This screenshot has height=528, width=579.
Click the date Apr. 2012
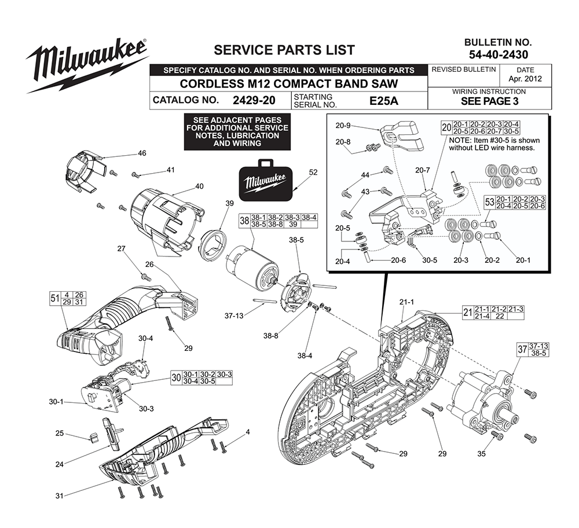click(x=525, y=79)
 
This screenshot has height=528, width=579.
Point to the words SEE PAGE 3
click(x=489, y=101)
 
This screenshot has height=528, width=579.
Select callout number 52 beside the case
click(x=313, y=172)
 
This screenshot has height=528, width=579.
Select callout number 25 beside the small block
click(x=75, y=433)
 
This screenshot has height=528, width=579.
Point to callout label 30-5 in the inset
click(x=429, y=261)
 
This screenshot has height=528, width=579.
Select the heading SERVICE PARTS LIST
click(x=284, y=50)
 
